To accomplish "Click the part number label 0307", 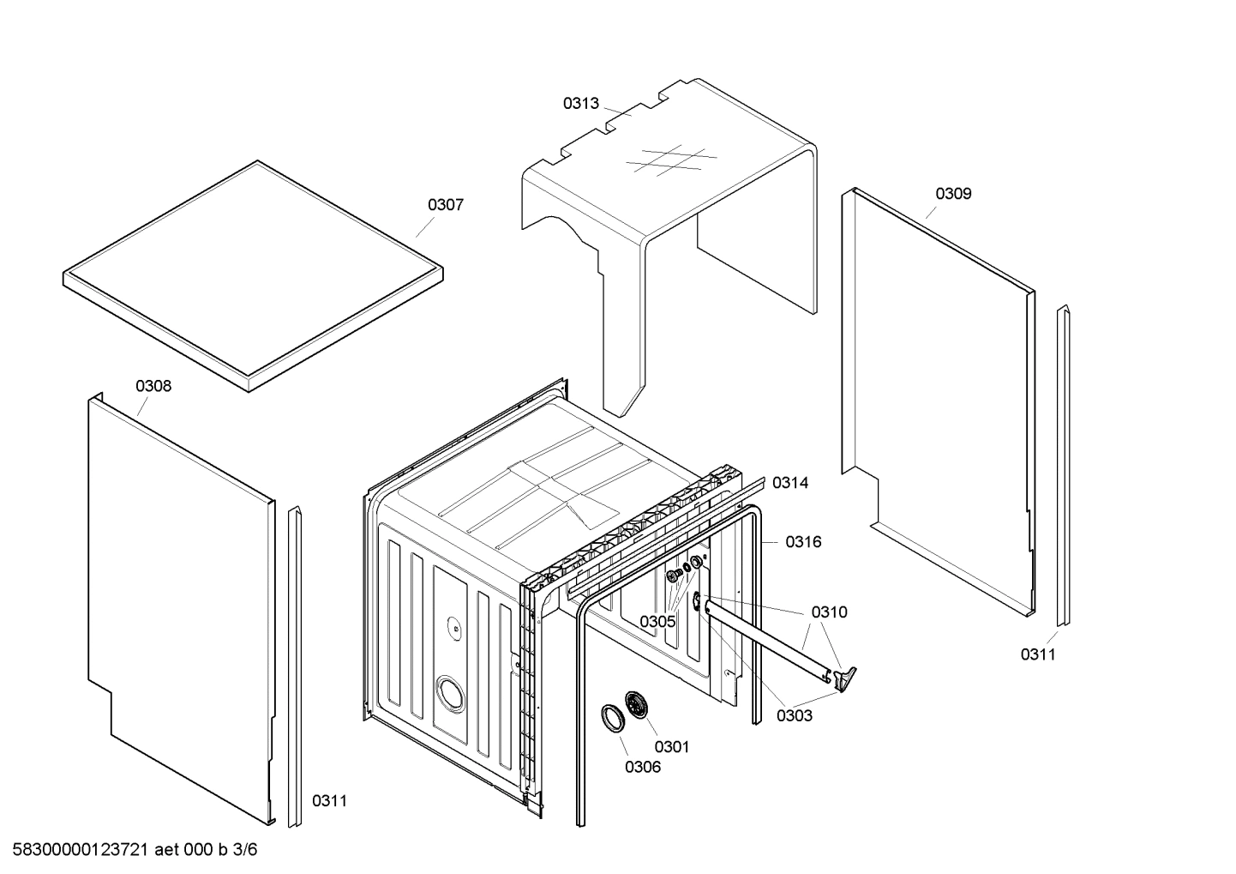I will (446, 205).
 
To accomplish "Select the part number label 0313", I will (580, 104).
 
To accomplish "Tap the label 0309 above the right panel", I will (953, 194).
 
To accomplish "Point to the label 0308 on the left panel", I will (153, 386).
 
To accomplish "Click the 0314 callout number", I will (790, 483).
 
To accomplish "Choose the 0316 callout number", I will (803, 542).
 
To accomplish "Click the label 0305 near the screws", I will (657, 621).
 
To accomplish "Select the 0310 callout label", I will (829, 612).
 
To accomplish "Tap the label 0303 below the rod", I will (794, 716).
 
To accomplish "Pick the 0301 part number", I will (671, 747).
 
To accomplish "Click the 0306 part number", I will (643, 768).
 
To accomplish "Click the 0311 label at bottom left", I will (329, 801).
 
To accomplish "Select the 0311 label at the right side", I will (1038, 655).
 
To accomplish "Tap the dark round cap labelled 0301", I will (638, 704).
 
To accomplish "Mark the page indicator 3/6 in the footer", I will (245, 851).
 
